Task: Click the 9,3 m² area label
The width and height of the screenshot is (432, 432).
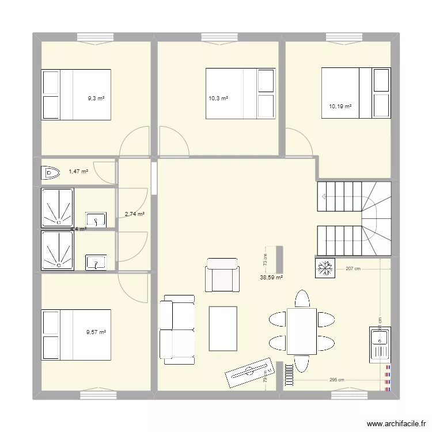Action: pos(96,98)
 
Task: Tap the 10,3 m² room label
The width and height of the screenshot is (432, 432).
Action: pos(218,98)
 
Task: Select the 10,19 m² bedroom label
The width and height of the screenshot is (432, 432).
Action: pos(340,106)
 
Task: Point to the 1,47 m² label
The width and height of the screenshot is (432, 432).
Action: pos(78,171)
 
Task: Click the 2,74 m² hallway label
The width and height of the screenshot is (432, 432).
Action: pos(134,214)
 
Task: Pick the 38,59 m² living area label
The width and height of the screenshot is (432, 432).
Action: pos(271,277)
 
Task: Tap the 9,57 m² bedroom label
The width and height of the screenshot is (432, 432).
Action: pos(96,332)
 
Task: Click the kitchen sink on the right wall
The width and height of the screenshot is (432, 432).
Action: pos(381,345)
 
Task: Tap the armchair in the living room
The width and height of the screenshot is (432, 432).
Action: pos(222,275)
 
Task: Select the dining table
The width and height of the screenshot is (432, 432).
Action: pos(302,331)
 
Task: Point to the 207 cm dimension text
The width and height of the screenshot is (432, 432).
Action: pos(353,268)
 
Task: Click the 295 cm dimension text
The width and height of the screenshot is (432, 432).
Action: pos(336,380)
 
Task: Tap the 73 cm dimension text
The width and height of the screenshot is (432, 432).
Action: pos(266,260)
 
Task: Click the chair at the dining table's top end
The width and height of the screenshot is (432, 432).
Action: pos(302,298)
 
